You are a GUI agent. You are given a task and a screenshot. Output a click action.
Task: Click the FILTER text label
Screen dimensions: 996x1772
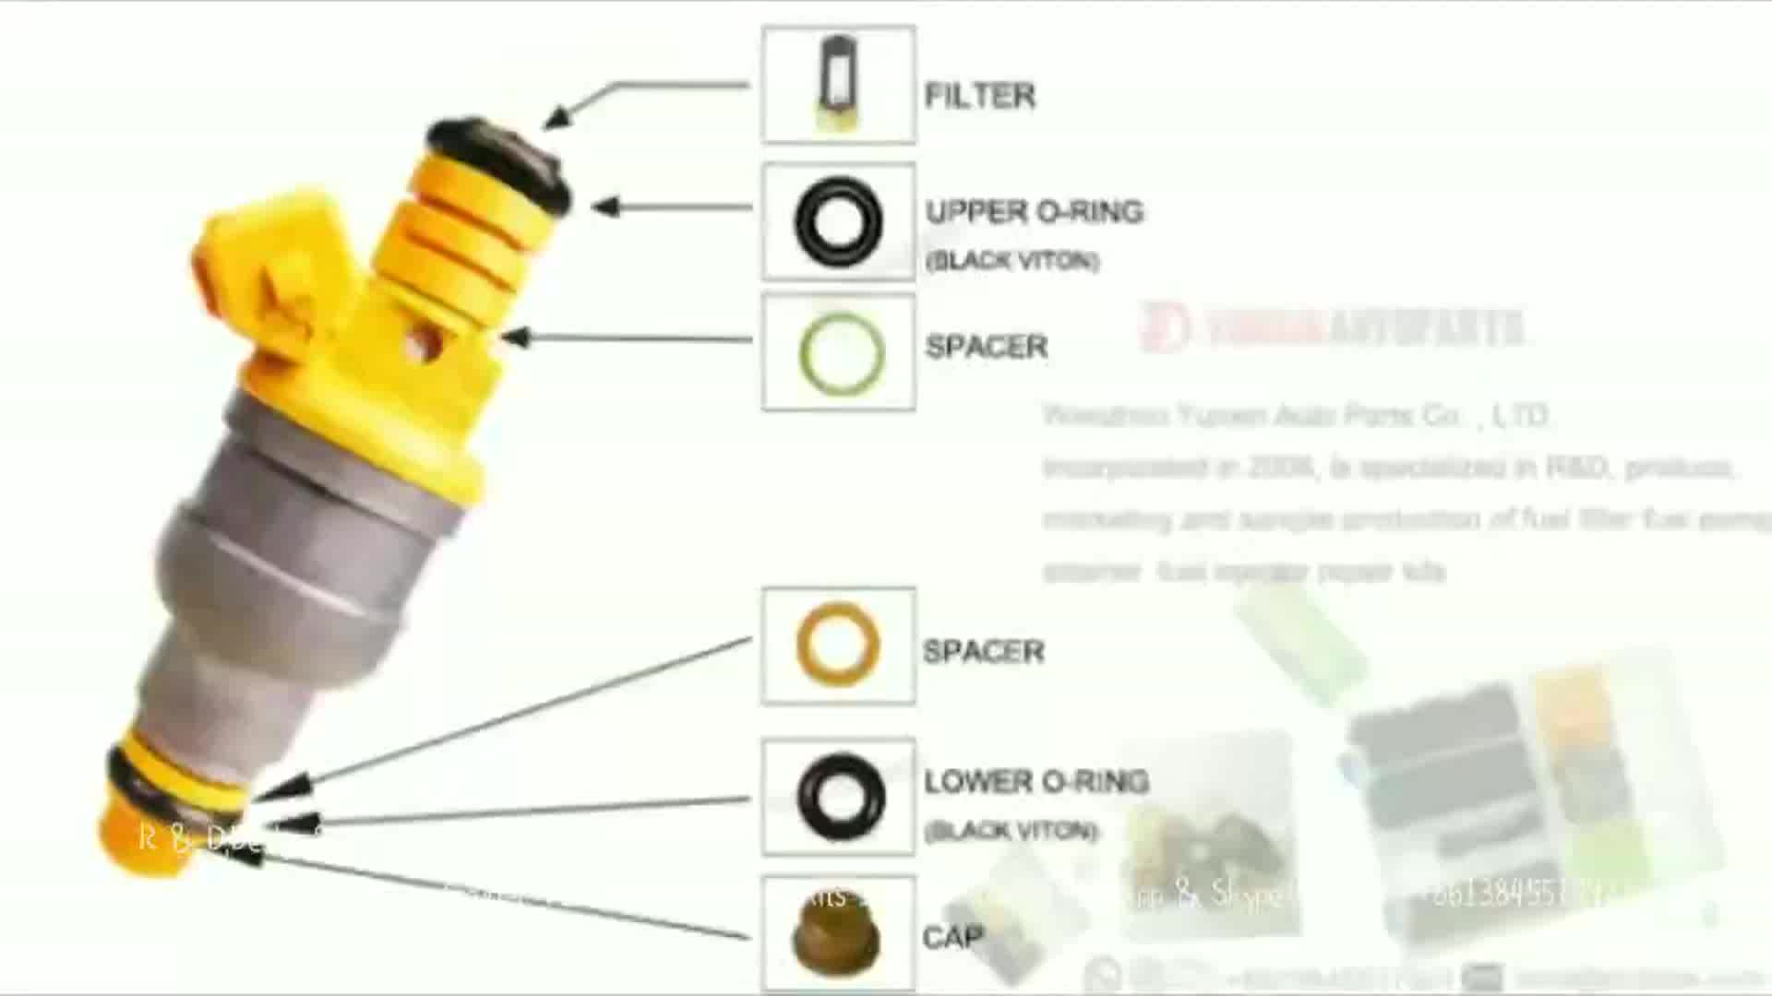[979, 96]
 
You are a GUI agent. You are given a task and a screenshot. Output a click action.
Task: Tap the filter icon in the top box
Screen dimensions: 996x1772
[838, 83]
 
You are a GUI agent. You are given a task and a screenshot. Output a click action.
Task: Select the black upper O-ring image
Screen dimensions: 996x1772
[838, 222]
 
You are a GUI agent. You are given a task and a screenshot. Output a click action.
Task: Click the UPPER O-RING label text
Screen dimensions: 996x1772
[1034, 212]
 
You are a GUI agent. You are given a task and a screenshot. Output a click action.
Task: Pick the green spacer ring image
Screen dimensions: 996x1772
[840, 354]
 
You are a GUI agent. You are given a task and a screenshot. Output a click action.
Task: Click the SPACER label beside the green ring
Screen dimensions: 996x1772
[986, 347]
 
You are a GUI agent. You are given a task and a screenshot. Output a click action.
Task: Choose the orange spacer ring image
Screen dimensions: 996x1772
[837, 646]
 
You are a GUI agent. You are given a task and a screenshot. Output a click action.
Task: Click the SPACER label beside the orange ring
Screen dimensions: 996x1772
[983, 652]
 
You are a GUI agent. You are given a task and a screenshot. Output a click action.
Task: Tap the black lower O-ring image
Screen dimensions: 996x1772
[840, 798]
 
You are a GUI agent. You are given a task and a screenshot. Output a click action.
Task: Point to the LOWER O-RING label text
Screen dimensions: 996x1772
[1036, 782]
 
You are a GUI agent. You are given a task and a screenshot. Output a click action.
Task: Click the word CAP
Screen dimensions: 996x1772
[952, 938]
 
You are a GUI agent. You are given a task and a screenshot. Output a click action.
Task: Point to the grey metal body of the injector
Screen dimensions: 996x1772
[295, 553]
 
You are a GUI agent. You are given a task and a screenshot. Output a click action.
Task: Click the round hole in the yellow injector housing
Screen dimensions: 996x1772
[424, 343]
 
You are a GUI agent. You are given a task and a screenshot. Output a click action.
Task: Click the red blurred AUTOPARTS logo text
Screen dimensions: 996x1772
[1334, 327]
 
